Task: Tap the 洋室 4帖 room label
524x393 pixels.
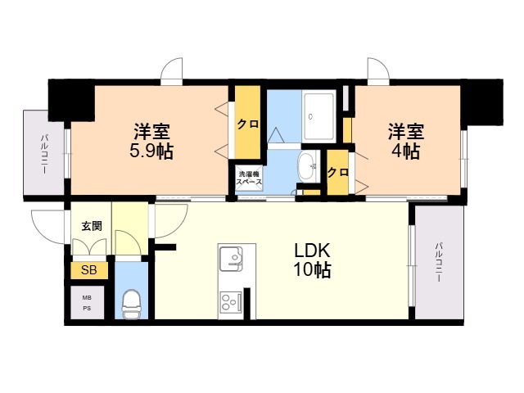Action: tap(405, 140)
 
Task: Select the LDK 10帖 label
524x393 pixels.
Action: tap(313, 260)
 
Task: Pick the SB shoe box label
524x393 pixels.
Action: tap(88, 269)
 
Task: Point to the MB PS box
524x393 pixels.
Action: tap(87, 303)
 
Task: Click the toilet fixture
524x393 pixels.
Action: tap(131, 305)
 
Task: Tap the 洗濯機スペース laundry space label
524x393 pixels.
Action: tap(250, 178)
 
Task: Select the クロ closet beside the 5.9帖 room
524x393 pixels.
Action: tap(247, 124)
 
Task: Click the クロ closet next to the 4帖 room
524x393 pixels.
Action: tap(337, 173)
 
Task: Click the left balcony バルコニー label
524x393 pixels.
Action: tap(43, 152)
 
